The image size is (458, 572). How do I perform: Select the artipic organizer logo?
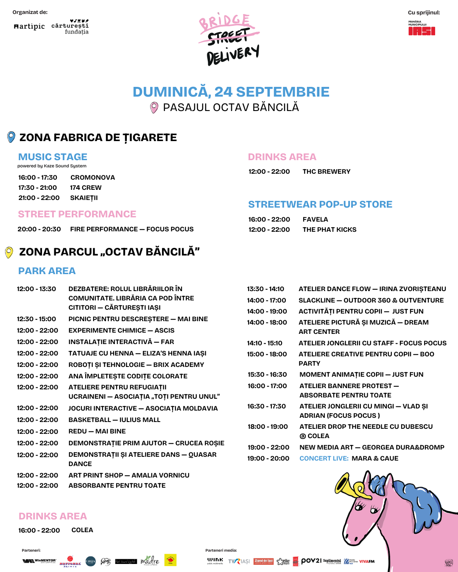(x=29, y=26)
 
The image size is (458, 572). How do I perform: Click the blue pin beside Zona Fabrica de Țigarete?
(x=11, y=137)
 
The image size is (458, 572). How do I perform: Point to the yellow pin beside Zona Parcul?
(x=8, y=252)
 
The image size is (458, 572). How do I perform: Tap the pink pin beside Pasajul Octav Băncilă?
(x=154, y=108)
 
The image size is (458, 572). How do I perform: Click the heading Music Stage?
(x=53, y=157)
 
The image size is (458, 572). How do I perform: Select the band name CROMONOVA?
(x=92, y=177)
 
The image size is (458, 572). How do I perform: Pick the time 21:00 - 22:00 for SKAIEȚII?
(x=39, y=197)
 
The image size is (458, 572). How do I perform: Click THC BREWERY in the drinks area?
(x=326, y=171)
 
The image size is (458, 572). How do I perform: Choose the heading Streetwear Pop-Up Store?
(x=320, y=204)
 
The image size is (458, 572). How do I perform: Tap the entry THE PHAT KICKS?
(x=329, y=229)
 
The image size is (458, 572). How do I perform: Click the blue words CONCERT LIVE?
(x=324, y=458)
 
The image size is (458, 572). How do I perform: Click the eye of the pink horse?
(x=361, y=505)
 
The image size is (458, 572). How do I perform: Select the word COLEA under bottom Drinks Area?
(x=82, y=530)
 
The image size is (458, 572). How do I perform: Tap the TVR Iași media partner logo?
(x=239, y=561)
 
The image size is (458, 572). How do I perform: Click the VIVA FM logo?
(x=367, y=561)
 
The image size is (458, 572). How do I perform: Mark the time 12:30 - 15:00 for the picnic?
(x=36, y=319)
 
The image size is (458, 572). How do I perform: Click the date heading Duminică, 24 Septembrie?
(x=231, y=92)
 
